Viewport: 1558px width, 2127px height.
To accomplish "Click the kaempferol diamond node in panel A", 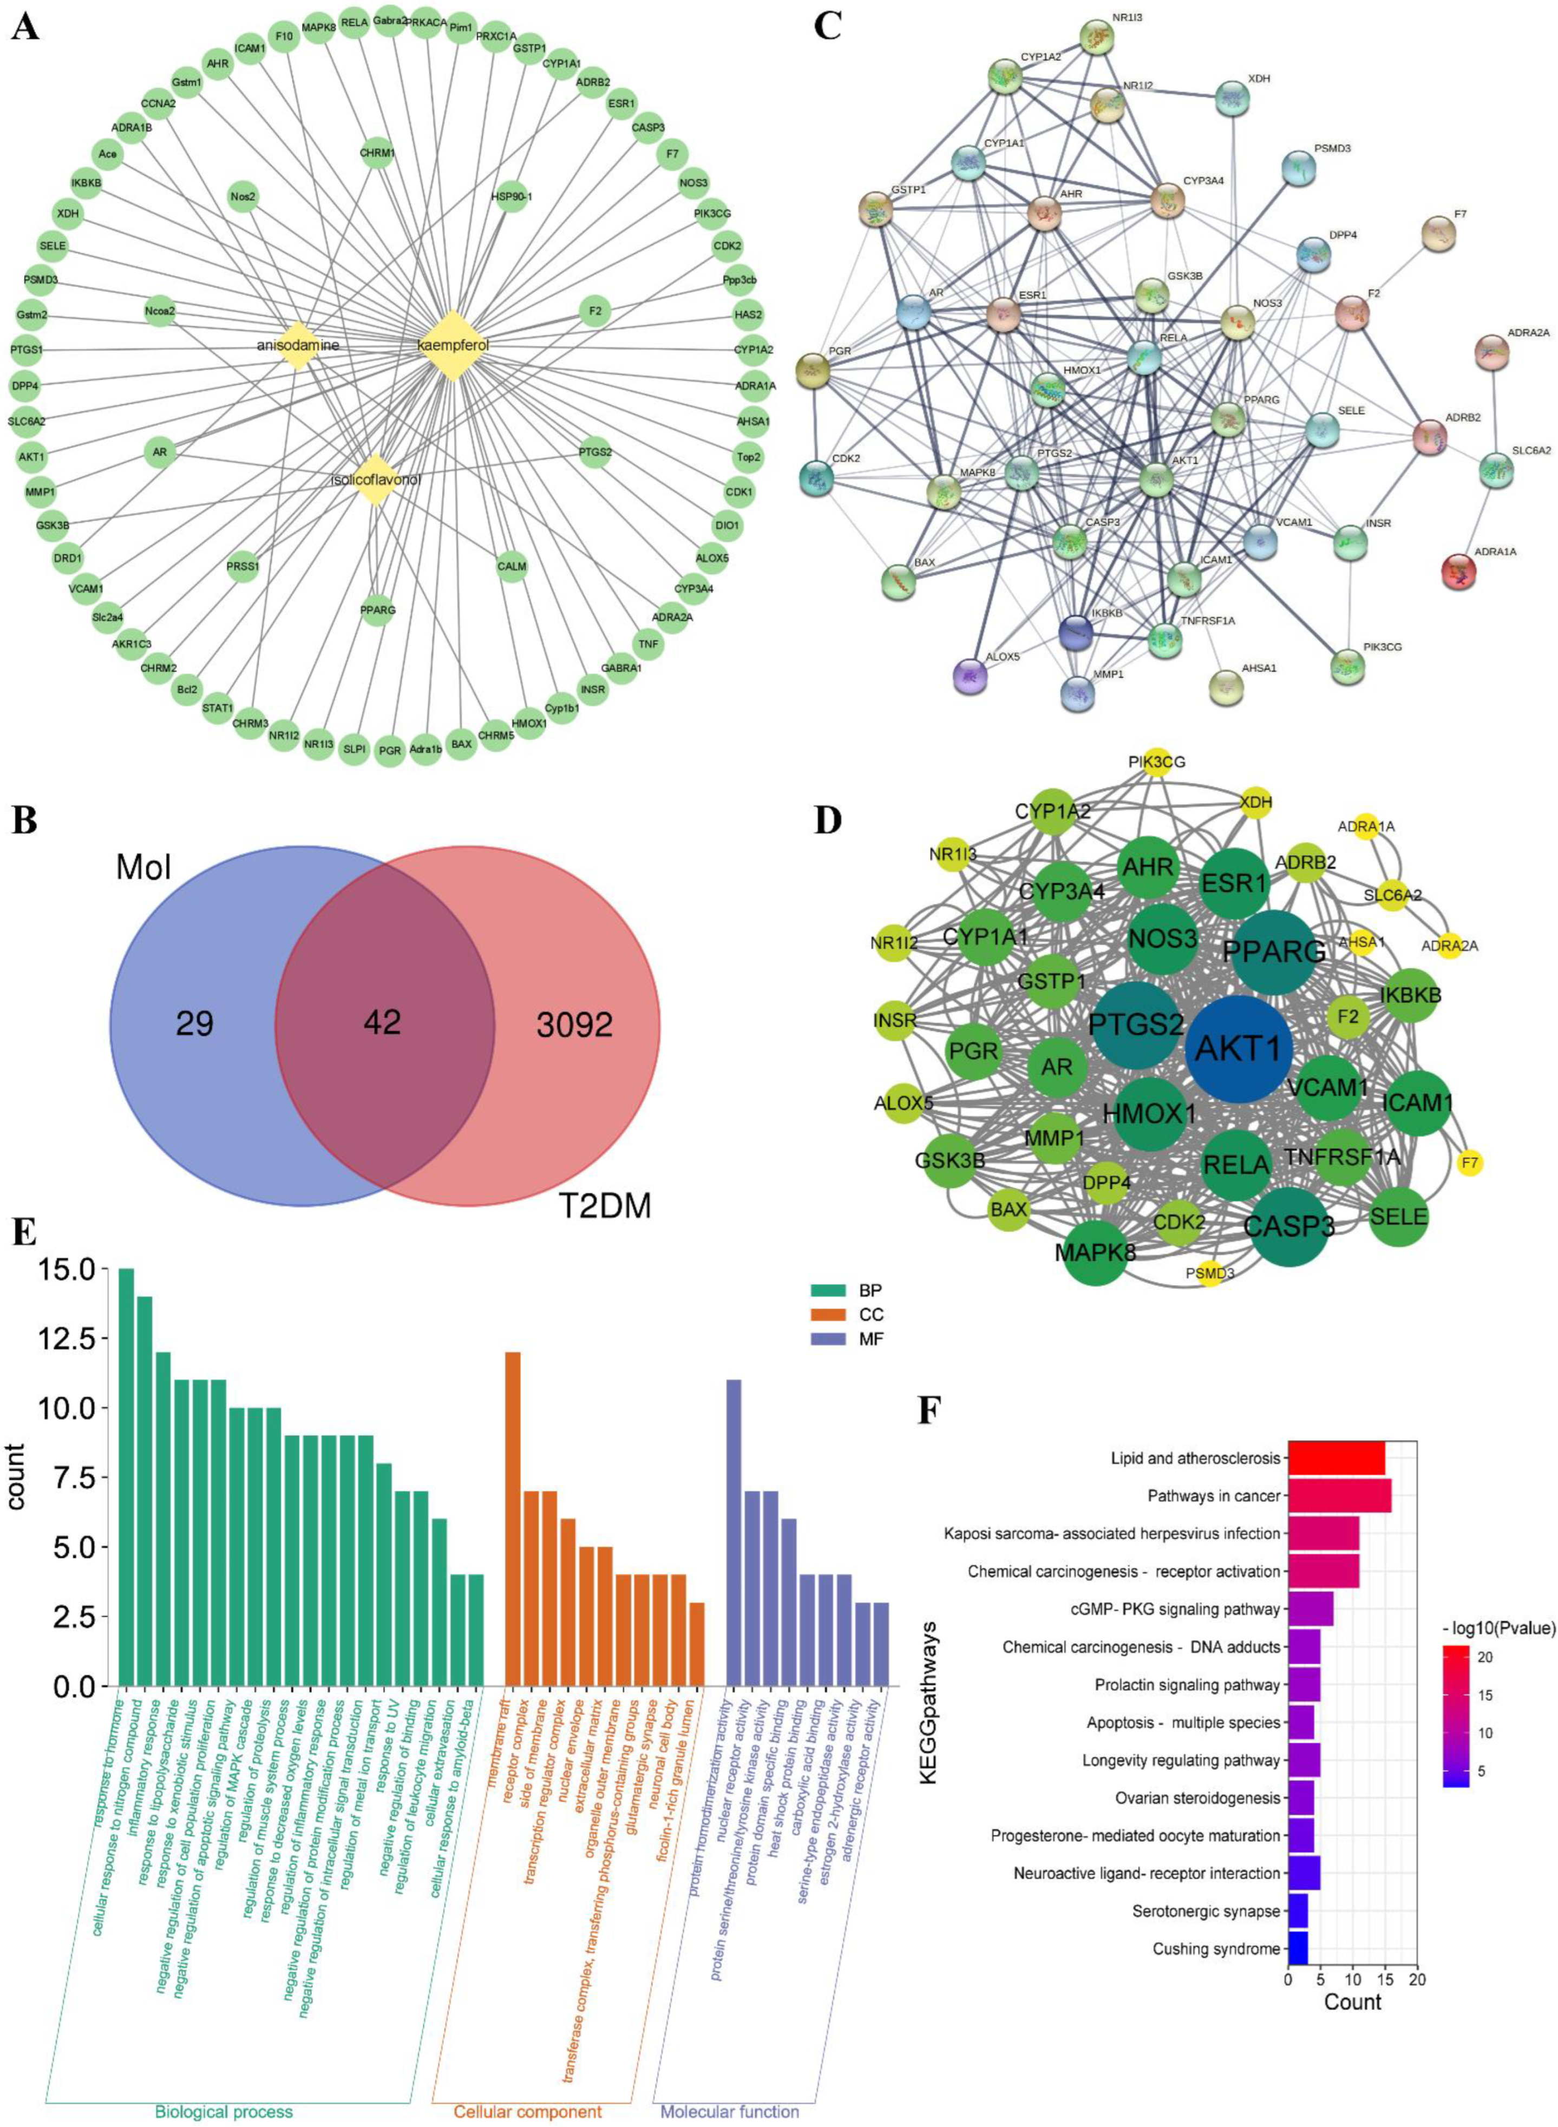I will point(453,346).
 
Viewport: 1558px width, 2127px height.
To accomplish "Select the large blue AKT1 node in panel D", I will point(1238,1047).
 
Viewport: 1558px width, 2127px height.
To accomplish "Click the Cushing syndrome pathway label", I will point(1216,1922).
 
